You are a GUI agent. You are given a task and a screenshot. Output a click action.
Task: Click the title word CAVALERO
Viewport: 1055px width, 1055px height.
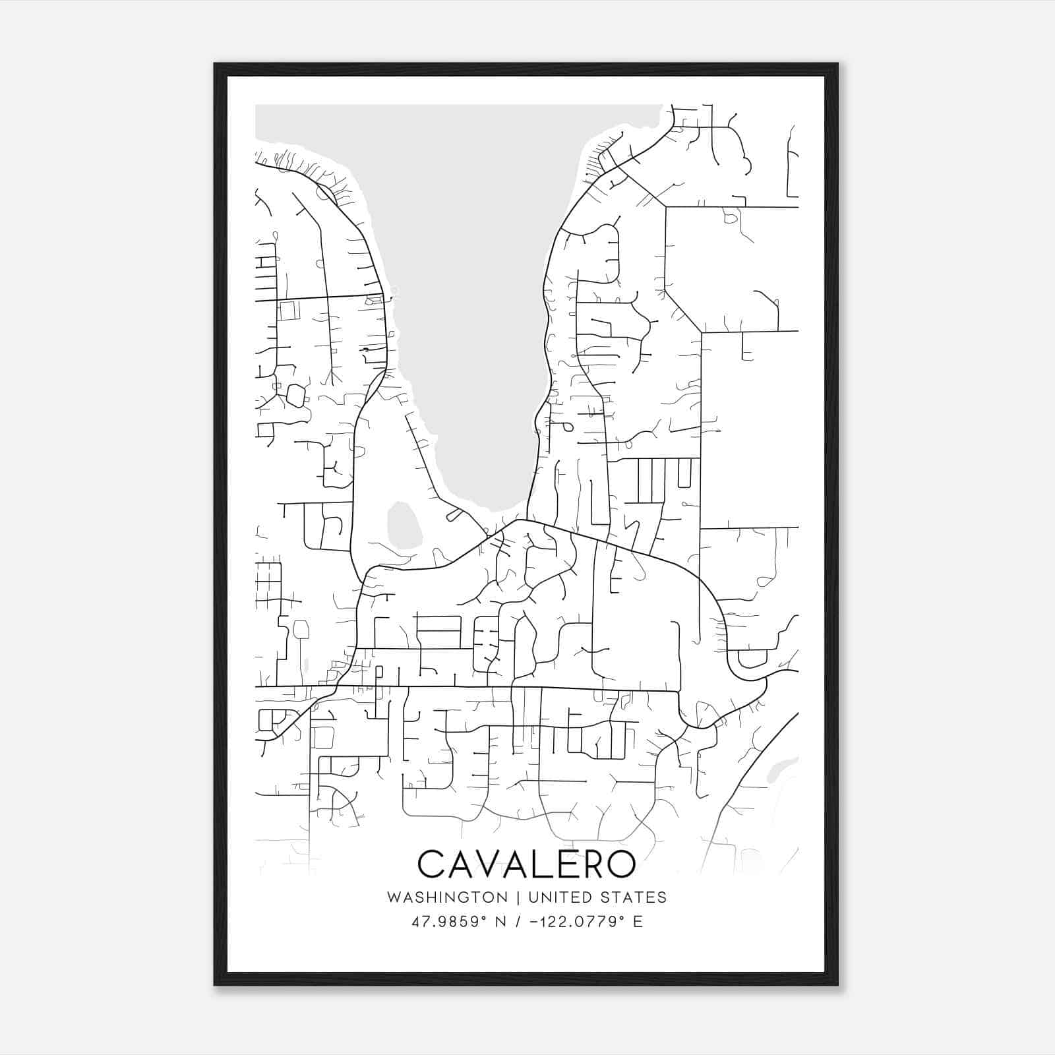point(526,864)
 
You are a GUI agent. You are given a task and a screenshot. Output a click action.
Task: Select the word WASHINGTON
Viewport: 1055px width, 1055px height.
point(447,897)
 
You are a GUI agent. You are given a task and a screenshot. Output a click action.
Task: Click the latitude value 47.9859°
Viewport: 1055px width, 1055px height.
point(449,922)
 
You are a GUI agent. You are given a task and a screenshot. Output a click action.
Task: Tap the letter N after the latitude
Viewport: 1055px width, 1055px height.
point(500,922)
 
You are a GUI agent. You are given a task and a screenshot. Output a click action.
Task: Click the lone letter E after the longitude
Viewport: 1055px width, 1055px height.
point(638,922)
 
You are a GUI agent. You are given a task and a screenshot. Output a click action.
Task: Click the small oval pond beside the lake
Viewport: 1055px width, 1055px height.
point(404,526)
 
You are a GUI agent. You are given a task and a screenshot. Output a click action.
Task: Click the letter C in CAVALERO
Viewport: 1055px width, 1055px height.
point(431,864)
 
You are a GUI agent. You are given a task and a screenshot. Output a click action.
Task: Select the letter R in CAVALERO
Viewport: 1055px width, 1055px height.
point(589,864)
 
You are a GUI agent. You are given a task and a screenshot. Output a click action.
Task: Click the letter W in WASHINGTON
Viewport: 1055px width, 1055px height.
point(394,897)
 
